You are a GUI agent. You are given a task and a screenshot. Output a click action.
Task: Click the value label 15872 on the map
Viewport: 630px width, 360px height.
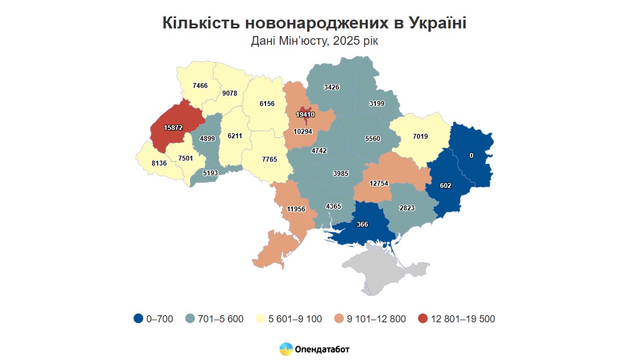pyautogui.click(x=173, y=127)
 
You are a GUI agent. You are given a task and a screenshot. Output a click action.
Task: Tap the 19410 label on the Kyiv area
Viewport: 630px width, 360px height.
pyautogui.click(x=305, y=115)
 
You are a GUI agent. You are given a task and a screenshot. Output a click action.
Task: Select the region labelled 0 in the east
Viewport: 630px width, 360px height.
pyautogui.click(x=471, y=155)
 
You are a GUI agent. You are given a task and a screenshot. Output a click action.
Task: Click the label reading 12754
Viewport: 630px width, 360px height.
pyautogui.click(x=379, y=183)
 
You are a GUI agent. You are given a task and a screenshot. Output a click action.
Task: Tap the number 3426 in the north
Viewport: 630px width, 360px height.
pyautogui.click(x=332, y=87)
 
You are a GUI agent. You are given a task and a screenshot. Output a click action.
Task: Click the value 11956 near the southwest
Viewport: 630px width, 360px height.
pyautogui.click(x=296, y=209)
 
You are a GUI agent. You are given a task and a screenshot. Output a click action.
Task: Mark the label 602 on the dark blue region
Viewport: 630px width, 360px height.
pyautogui.click(x=445, y=185)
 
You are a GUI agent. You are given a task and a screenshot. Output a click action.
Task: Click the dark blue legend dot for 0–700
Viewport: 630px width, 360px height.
pyautogui.click(x=138, y=318)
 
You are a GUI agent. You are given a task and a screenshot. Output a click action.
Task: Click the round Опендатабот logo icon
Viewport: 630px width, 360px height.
pyautogui.click(x=286, y=349)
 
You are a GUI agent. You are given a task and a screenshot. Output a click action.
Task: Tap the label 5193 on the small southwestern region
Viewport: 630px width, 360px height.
pyautogui.click(x=210, y=173)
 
